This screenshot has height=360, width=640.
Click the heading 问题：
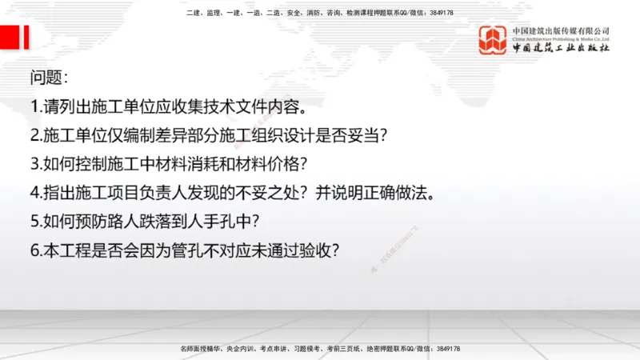(x=49, y=78)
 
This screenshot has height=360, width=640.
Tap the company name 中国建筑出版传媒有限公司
(x=561, y=30)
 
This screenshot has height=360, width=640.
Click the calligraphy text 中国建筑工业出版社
(x=561, y=48)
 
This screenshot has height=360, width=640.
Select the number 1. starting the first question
(x=35, y=106)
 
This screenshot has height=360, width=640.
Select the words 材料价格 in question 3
(x=274, y=164)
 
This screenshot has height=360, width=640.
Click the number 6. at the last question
(x=35, y=250)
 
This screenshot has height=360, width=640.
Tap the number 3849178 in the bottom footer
(x=446, y=349)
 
